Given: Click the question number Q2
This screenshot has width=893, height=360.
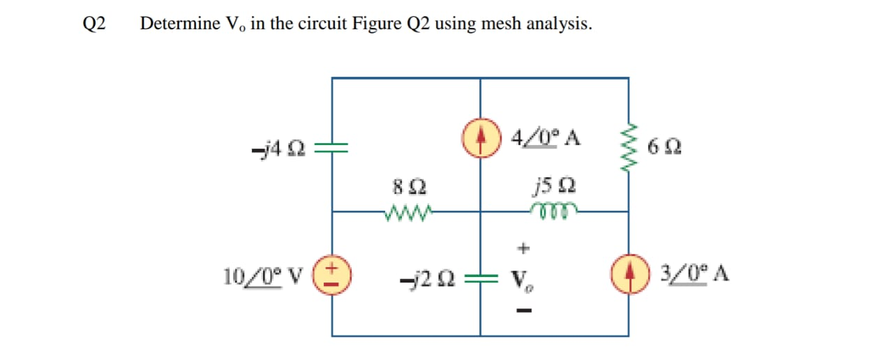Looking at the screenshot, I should pyautogui.click(x=94, y=24).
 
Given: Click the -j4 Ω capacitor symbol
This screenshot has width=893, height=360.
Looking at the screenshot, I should pyautogui.click(x=332, y=148).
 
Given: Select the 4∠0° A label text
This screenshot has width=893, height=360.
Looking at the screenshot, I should pyautogui.click(x=546, y=136).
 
